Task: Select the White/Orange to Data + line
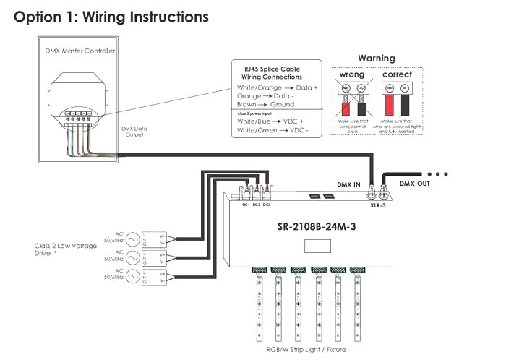tap(277, 87)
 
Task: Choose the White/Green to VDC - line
tap(272, 131)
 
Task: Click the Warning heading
tap(377, 58)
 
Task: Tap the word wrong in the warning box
tap(351, 74)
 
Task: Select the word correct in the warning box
tap(397, 74)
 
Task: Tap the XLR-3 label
tap(378, 206)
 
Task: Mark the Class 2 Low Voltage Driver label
tap(64, 250)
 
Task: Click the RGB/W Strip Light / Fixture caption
tap(306, 350)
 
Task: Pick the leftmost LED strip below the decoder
tap(257, 304)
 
